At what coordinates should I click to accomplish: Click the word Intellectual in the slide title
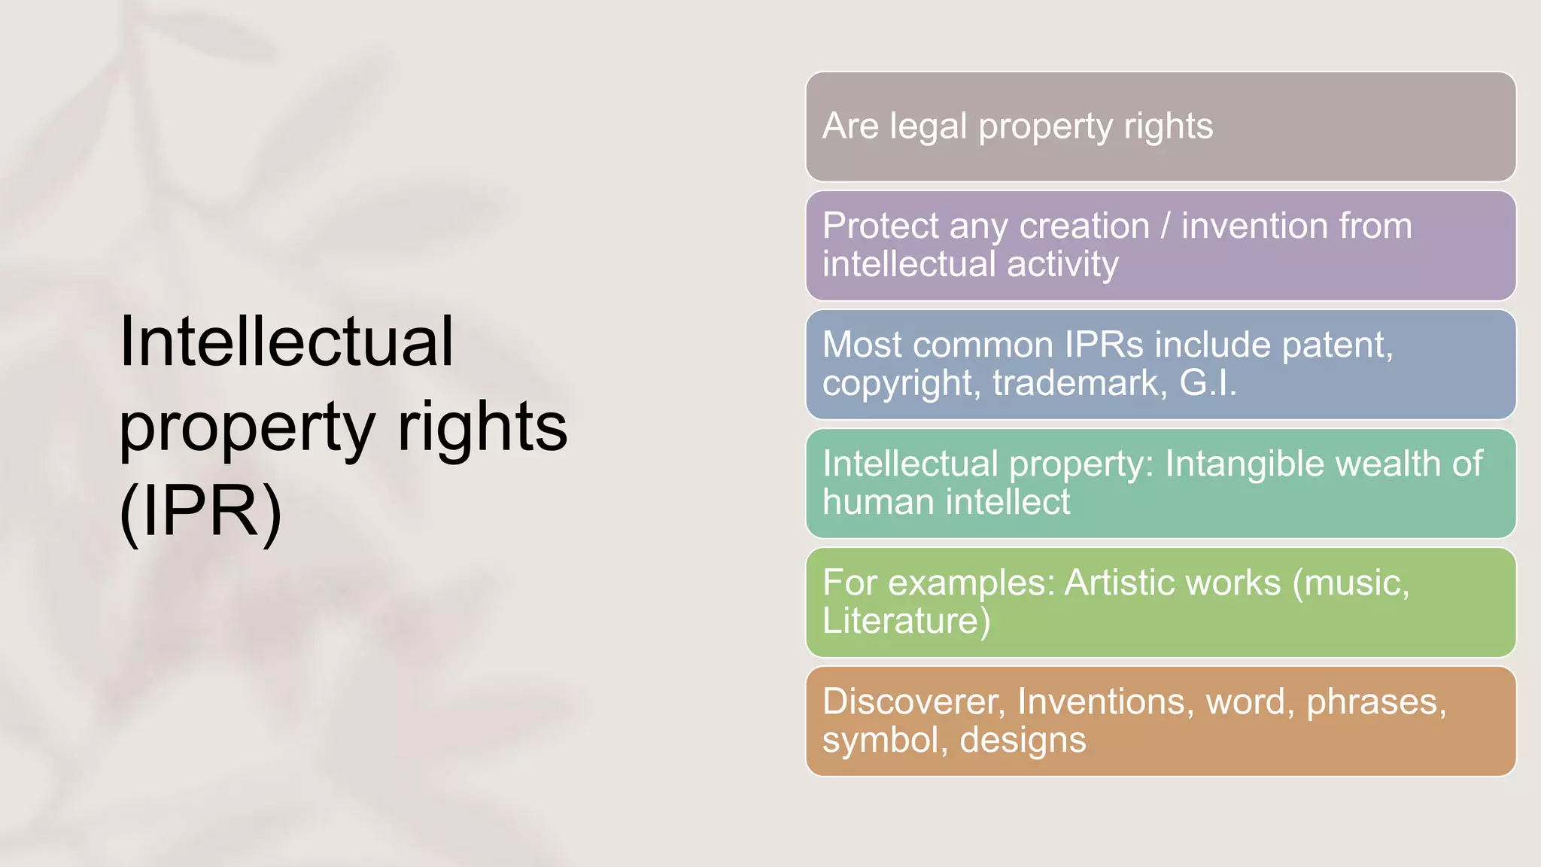[287, 342]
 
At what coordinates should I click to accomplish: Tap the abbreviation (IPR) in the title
[201, 512]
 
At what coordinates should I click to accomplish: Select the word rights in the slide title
[482, 427]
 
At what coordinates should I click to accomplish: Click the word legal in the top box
[928, 126]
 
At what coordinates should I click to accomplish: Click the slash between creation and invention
[1166, 226]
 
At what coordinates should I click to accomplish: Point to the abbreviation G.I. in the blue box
[1208, 383]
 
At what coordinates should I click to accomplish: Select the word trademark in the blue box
[1080, 383]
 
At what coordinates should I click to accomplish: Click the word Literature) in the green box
[906, 621]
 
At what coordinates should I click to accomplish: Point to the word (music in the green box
[1351, 583]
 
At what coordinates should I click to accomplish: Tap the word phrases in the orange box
[1376, 701]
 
